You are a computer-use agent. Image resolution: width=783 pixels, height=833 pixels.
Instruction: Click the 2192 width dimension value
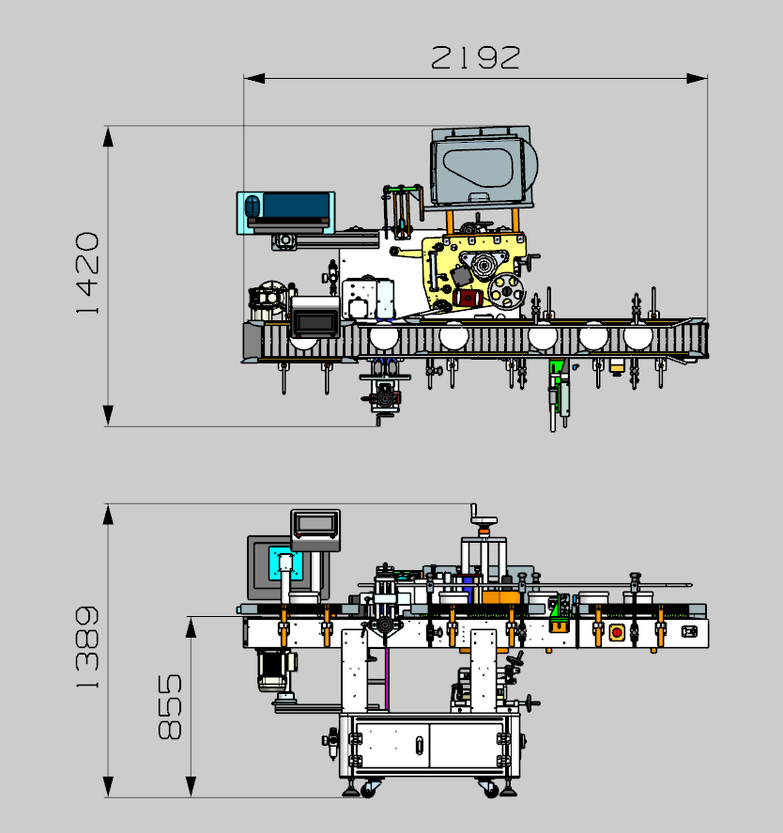click(x=475, y=57)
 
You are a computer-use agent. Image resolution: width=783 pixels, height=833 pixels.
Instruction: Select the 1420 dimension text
click(x=87, y=273)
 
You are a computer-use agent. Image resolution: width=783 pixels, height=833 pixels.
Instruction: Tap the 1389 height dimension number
click(x=87, y=648)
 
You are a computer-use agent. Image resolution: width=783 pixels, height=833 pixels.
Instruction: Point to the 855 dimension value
click(x=170, y=706)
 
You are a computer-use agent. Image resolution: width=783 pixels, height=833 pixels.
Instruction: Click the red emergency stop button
click(x=617, y=633)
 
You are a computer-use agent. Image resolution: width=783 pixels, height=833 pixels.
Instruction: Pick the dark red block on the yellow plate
click(x=468, y=298)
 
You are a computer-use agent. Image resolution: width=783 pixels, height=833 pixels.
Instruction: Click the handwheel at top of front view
click(x=484, y=520)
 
